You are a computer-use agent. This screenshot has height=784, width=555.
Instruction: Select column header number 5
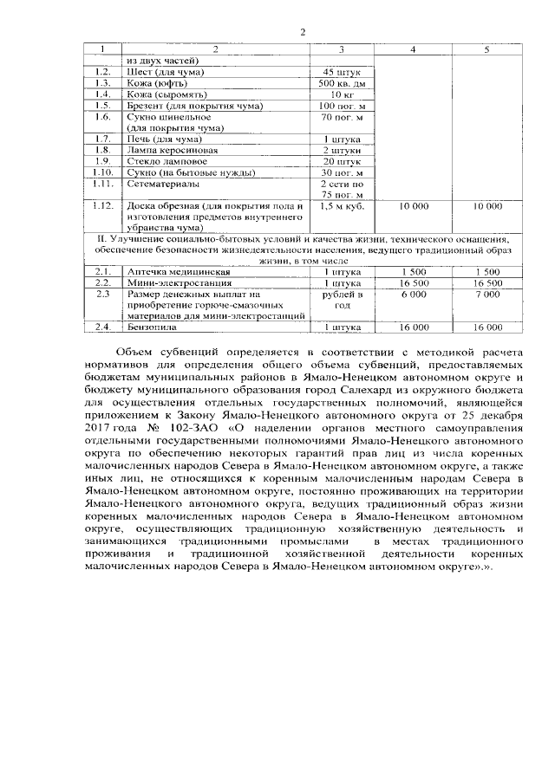486,49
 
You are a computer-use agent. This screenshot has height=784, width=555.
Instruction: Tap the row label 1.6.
103,116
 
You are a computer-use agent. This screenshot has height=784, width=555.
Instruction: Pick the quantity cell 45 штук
341,71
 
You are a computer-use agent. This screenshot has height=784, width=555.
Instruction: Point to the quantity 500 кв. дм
341,82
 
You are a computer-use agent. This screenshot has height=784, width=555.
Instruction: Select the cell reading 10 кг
341,94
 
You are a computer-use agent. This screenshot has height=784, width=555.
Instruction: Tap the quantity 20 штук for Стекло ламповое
341,161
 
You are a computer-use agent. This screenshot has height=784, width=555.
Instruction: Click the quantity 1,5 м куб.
341,206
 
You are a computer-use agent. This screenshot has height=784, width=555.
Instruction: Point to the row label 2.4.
103,327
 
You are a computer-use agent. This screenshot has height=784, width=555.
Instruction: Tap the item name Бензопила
152,327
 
